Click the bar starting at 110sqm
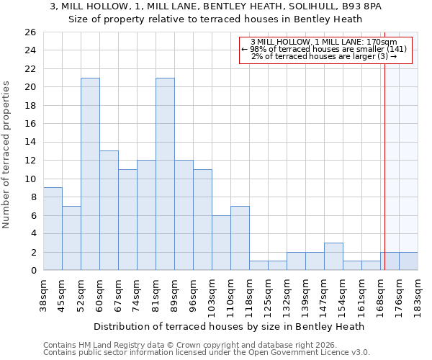coord(240,238)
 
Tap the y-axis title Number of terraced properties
coord(7,155)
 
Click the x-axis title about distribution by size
coord(229,326)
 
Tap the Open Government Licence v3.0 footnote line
coord(207,352)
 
